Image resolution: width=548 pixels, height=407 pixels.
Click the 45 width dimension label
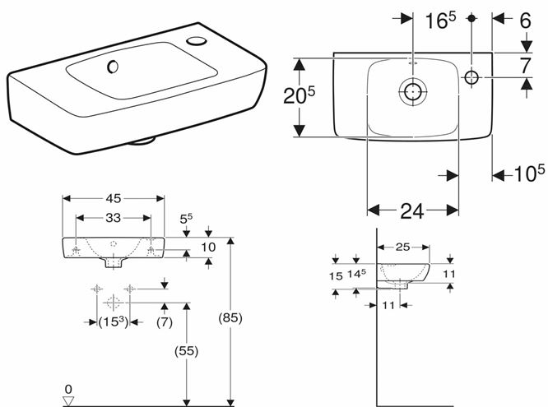click(114, 198)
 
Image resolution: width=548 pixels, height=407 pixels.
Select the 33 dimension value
click(114, 218)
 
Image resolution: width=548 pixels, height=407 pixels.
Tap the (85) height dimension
click(230, 318)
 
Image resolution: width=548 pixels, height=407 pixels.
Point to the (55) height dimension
click(186, 351)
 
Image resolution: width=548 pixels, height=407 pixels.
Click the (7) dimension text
click(165, 321)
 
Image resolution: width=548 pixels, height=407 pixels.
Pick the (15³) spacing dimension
click(114, 321)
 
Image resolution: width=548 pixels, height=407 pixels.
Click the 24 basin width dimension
click(412, 211)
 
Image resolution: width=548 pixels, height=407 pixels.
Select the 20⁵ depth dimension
click(300, 95)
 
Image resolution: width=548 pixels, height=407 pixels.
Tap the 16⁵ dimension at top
click(440, 21)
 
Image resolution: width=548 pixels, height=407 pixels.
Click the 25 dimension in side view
click(402, 247)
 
